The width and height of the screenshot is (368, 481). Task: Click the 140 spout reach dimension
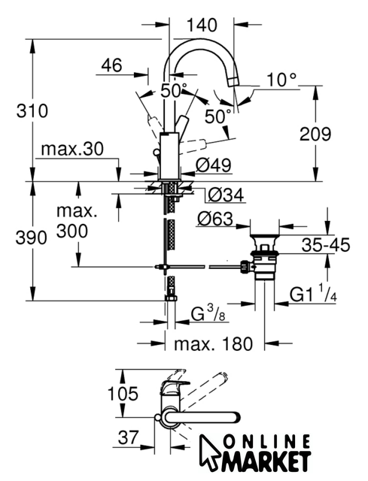coord(202,25)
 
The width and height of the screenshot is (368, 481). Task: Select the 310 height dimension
coord(32,110)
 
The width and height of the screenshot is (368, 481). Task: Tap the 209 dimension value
coord(315,134)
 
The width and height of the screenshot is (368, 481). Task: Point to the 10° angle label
coord(281,80)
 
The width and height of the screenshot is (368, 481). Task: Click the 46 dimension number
coord(111,65)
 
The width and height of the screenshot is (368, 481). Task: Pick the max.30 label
coord(72,149)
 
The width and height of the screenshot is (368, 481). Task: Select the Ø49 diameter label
coord(213,165)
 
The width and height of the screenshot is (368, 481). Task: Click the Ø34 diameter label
coord(226,195)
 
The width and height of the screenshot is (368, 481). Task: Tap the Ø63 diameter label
coord(215,219)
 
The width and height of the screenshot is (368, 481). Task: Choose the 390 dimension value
coord(32,237)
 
